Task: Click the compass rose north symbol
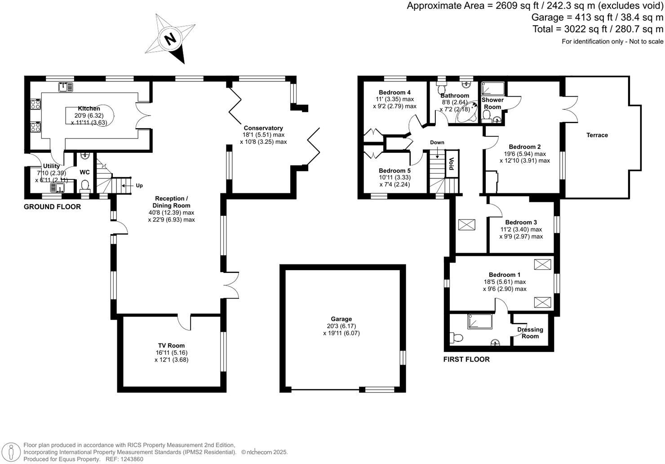click(170, 39)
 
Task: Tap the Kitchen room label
click(89, 108)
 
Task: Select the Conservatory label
click(263, 128)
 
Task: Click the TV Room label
click(171, 345)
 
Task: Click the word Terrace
click(597, 135)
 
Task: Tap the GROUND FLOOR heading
click(52, 207)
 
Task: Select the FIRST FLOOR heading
click(466, 359)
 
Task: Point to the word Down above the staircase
click(437, 143)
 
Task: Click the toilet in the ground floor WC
click(85, 185)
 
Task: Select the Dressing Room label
click(530, 333)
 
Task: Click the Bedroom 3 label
click(521, 222)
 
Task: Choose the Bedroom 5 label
click(395, 170)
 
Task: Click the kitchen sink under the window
click(66, 87)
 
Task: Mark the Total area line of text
click(598, 29)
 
